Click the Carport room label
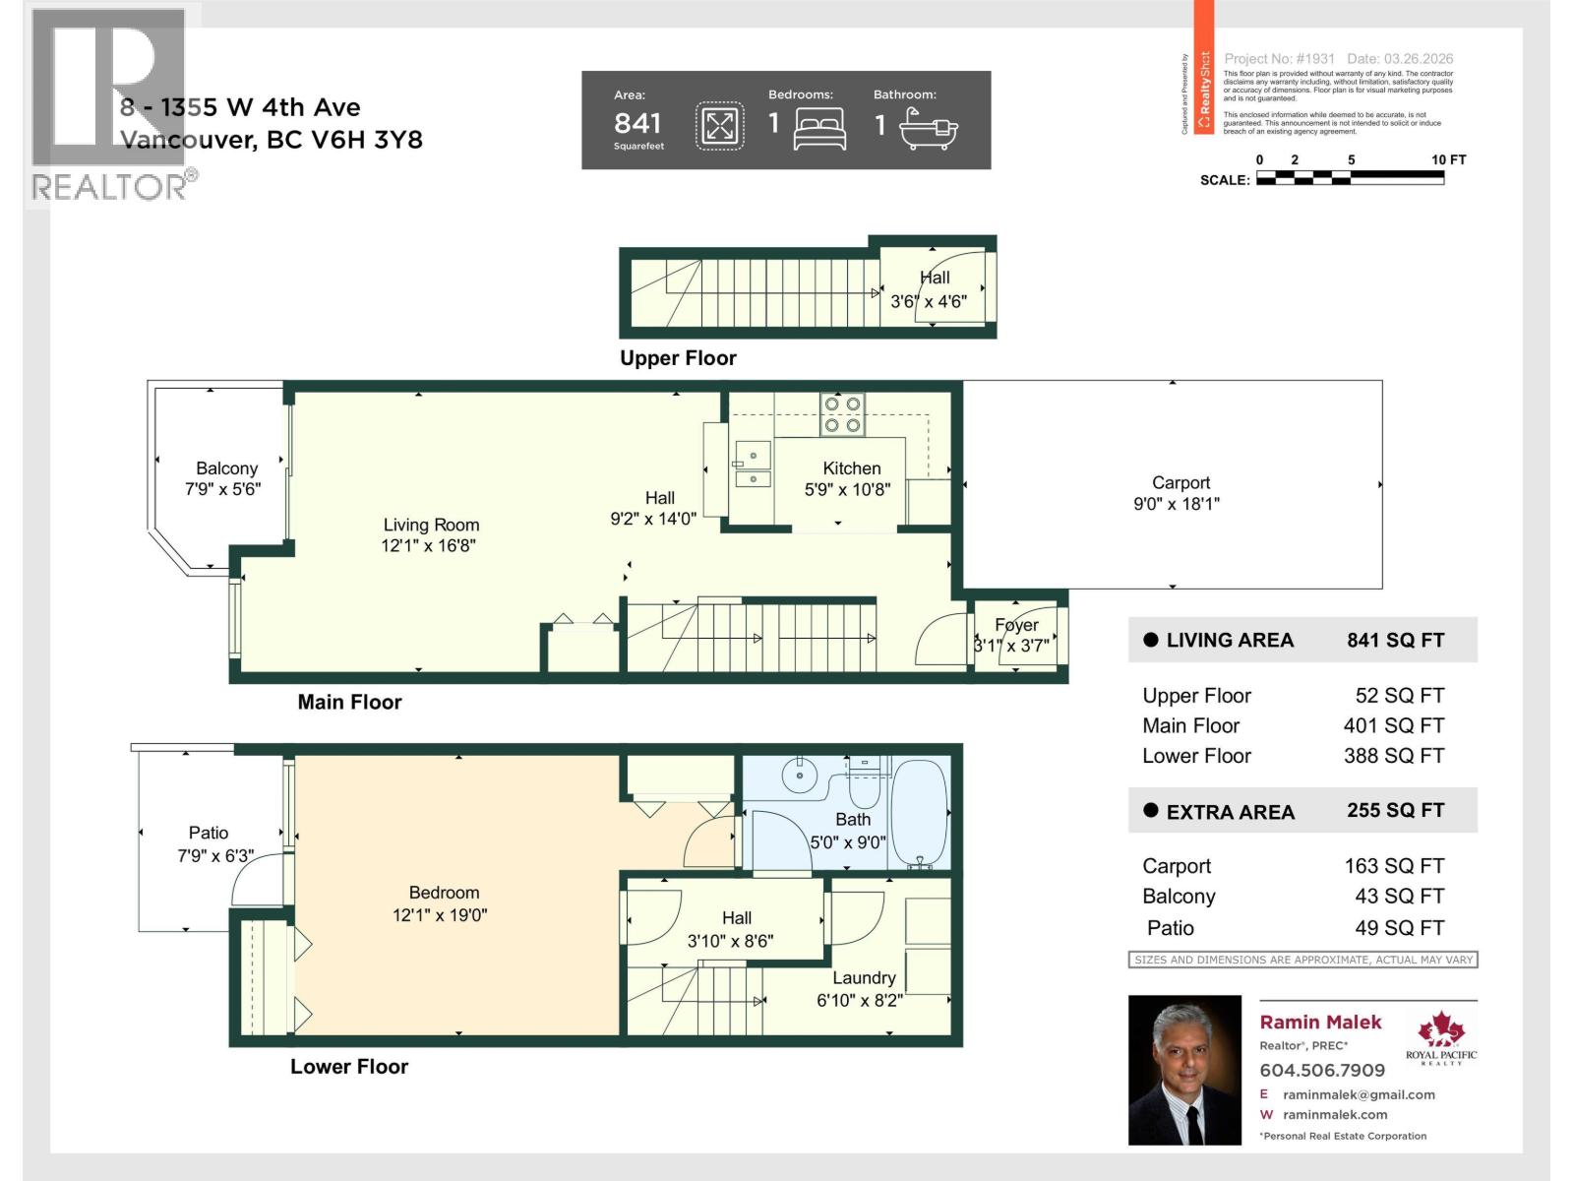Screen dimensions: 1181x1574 click(1180, 482)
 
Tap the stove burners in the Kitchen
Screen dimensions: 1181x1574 click(843, 415)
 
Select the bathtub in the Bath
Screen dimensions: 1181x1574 click(919, 813)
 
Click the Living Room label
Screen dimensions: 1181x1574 click(431, 525)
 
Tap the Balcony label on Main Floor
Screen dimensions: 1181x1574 click(226, 468)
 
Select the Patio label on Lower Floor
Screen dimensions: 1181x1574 click(209, 833)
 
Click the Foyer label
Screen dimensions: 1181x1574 click(1016, 625)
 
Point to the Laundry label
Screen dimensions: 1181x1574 click(864, 977)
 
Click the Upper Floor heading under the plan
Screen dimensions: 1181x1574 click(678, 358)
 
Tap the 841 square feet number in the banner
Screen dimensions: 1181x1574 click(637, 123)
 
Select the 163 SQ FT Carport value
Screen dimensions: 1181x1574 click(1393, 866)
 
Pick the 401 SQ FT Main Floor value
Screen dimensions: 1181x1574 click(1393, 725)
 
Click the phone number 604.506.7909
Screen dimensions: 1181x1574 click(1322, 1070)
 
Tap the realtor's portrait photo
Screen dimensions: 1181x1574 click(1184, 1070)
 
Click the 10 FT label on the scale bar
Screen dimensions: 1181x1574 click(1448, 159)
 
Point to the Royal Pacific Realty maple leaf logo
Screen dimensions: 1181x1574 click(1440, 1030)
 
